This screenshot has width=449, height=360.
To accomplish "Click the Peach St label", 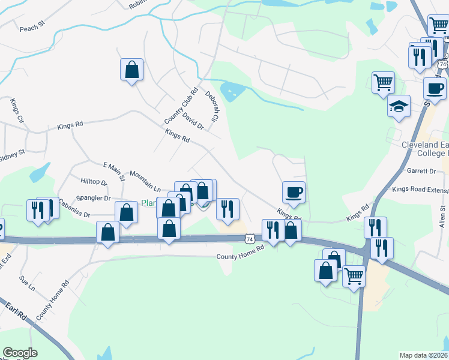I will click(x=32, y=28).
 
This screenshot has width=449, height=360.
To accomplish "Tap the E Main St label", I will click(x=113, y=170).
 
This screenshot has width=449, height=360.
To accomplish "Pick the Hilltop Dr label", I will click(x=94, y=182).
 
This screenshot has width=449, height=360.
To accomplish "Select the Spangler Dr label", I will click(x=95, y=198).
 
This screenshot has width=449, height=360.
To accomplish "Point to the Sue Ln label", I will click(x=27, y=284).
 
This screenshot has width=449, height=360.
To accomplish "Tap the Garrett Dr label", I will click(x=421, y=171).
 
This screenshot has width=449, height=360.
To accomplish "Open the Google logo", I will click(x=20, y=353).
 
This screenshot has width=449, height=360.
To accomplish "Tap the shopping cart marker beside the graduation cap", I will click(x=383, y=82).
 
